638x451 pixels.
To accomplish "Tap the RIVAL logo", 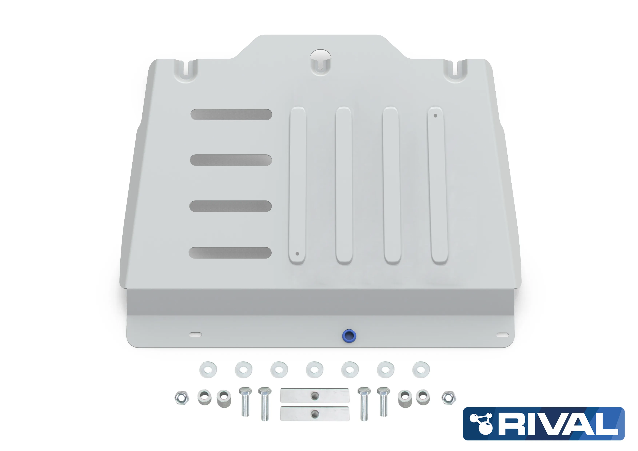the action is click(544, 424).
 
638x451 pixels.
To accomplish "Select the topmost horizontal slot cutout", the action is click(231, 114).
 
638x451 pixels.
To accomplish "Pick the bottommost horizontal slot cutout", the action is click(230, 253).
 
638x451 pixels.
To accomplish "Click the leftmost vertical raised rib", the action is click(298, 185).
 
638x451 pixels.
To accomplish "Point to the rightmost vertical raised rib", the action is click(438, 185).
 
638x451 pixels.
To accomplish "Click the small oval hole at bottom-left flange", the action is click(195, 335).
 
